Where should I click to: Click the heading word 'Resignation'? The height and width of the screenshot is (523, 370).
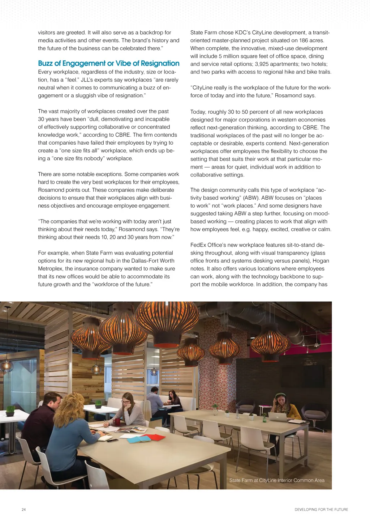(x=160, y=63)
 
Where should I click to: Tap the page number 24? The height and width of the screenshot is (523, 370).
(x=24, y=510)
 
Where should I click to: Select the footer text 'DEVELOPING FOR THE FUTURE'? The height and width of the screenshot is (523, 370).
(x=321, y=510)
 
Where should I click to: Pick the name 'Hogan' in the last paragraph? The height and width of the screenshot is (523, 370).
(x=320, y=261)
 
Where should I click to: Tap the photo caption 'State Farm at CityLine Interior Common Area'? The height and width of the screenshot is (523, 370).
(x=277, y=480)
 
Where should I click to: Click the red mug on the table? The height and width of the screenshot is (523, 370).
(x=117, y=421)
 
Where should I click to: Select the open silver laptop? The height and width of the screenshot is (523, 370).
(x=277, y=417)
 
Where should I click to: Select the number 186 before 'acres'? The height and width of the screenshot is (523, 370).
(x=303, y=41)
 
